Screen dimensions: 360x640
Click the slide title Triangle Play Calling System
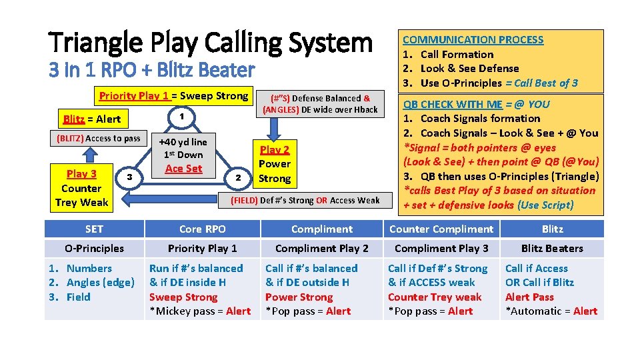[211, 43]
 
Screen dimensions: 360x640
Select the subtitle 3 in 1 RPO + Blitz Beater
[151, 70]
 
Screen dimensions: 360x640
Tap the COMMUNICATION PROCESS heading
[473, 40]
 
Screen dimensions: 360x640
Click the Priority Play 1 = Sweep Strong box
[173, 96]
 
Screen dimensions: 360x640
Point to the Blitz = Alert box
[92, 119]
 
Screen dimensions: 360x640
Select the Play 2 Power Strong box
[275, 164]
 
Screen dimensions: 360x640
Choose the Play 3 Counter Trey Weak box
[82, 188]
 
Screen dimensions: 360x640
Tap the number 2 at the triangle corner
[237, 177]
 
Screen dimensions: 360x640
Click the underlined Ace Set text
[183, 169]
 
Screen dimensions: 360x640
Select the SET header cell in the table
[94, 229]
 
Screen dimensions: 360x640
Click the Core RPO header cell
[203, 229]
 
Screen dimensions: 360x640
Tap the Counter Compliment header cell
[441, 229]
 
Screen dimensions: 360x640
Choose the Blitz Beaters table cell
[552, 248]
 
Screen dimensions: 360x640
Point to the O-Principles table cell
[94, 248]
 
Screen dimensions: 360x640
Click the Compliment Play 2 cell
[322, 248]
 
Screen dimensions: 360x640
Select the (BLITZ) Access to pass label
[95, 139]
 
